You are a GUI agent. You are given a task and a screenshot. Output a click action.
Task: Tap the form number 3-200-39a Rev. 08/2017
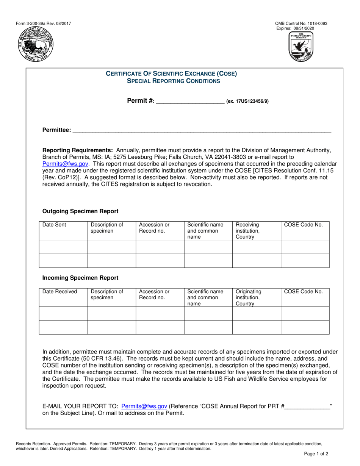[43, 23]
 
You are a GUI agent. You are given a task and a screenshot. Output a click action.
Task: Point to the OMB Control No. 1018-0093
[301, 23]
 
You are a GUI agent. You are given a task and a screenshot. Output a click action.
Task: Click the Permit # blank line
[190, 101]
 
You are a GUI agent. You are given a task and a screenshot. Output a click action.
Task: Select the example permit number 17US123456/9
[247, 102]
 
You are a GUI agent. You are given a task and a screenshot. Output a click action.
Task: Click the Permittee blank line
[201, 130]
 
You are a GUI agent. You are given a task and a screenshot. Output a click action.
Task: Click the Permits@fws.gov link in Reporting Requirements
[66, 164]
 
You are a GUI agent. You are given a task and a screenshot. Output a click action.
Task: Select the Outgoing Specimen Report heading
[80, 211]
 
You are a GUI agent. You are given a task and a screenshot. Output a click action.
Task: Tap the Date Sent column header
[54, 225]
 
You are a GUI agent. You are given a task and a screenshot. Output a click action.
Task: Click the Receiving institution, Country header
[248, 230]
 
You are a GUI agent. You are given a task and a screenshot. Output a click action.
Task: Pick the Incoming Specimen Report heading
[80, 278]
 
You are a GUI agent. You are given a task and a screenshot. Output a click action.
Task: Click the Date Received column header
[59, 291]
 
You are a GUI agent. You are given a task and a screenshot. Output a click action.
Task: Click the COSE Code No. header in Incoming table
[304, 291]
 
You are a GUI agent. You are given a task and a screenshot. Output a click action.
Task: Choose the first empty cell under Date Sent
[63, 247]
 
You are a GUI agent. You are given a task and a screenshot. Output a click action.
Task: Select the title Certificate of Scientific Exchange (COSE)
[171, 74]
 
